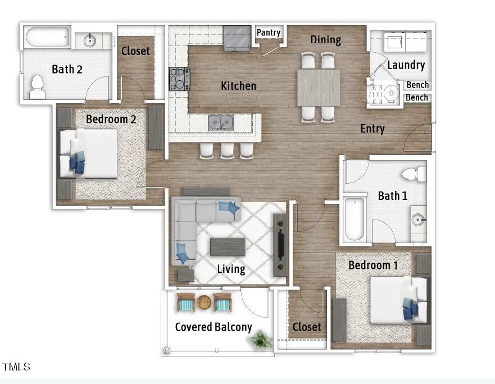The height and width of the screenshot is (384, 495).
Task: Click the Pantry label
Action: tap(269, 33)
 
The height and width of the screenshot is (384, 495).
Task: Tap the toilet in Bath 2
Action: tap(37, 87)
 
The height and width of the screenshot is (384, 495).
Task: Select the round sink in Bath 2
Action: tap(90, 40)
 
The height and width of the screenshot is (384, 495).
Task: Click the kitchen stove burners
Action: tap(179, 79)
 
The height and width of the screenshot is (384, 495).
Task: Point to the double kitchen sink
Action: tap(221, 122)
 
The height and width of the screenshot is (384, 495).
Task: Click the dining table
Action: tap(319, 88)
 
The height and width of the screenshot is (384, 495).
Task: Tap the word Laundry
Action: tap(406, 65)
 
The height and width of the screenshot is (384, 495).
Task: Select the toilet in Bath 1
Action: tap(414, 174)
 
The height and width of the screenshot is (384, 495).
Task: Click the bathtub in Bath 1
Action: tap(355, 219)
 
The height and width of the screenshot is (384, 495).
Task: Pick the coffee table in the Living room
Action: tap(228, 247)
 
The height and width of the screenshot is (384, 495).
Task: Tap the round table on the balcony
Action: tap(205, 303)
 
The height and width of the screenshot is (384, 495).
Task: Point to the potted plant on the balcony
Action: tap(261, 340)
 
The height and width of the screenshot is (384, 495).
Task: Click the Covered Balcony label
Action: tap(214, 327)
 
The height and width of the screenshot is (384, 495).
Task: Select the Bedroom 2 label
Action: tap(111, 119)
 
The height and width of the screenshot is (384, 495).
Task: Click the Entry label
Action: tap(373, 129)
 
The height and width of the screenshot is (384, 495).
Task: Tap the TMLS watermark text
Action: tap(16, 367)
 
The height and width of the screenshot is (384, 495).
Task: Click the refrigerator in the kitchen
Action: tap(237, 37)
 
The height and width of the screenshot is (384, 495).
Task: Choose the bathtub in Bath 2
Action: tap(47, 38)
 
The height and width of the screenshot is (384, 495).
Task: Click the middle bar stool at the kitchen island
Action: tap(227, 150)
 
